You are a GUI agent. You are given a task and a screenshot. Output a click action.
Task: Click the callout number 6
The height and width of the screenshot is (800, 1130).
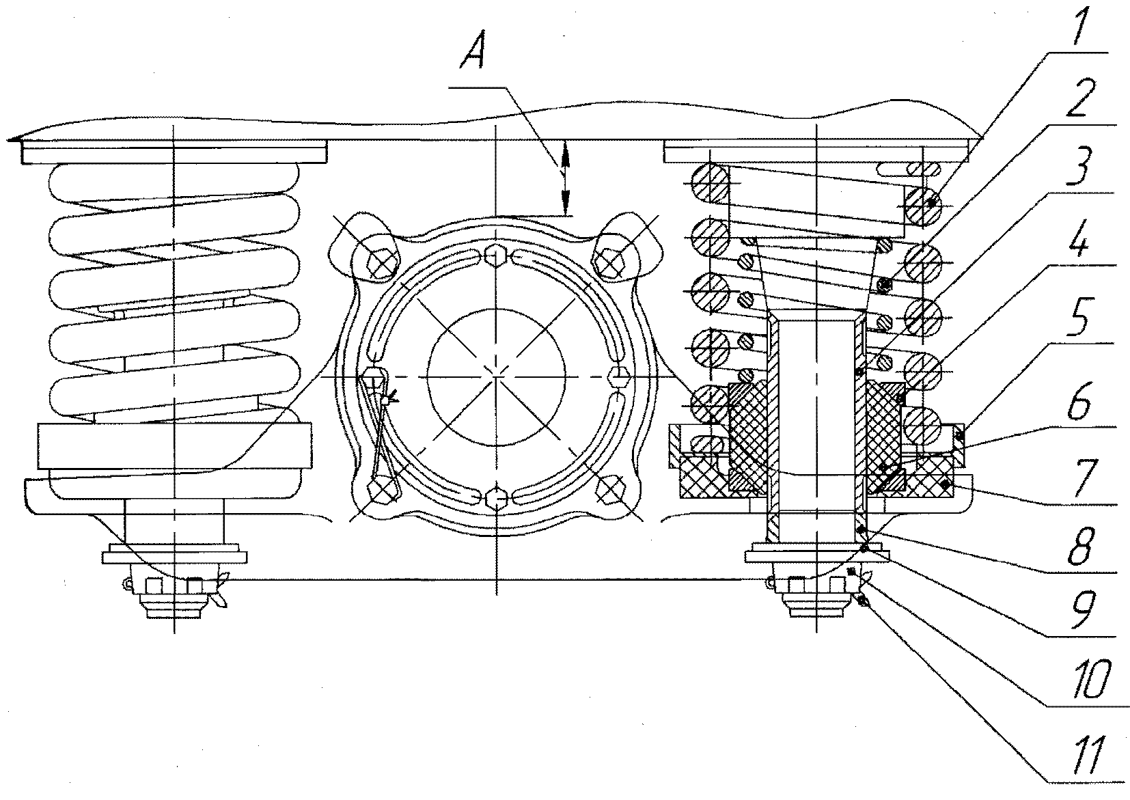[1079, 404]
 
